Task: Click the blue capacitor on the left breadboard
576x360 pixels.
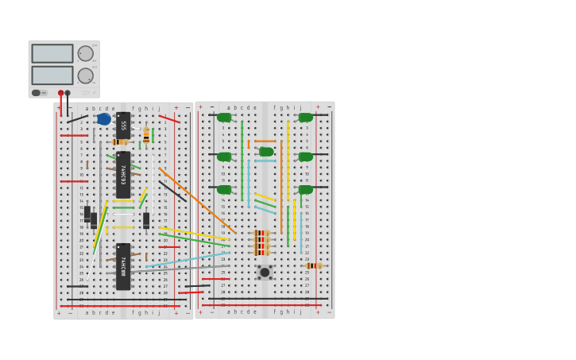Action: pos(103,119)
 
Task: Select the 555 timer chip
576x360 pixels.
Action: pos(123,125)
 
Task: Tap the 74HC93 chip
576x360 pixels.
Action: pos(123,174)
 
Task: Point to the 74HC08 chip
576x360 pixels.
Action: pos(123,266)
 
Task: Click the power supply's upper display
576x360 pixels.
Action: pos(52,53)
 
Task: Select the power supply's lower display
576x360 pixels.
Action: pos(52,75)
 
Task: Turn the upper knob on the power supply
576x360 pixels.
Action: pos(85,53)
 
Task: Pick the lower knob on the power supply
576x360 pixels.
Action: pos(85,75)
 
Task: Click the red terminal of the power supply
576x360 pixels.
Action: pos(60,93)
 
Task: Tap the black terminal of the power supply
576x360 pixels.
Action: pos(68,93)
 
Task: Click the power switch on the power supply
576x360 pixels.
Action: pos(37,93)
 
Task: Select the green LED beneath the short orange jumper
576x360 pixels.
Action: pos(266,152)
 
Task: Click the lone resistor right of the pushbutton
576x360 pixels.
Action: pos(312,265)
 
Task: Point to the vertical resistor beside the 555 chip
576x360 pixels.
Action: pos(146,135)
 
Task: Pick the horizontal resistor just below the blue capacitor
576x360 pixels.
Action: pos(120,142)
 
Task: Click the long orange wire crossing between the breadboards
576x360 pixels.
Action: pos(195,199)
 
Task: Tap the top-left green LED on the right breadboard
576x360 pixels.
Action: pos(224,118)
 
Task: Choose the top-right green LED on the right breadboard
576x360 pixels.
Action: pos(306,118)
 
